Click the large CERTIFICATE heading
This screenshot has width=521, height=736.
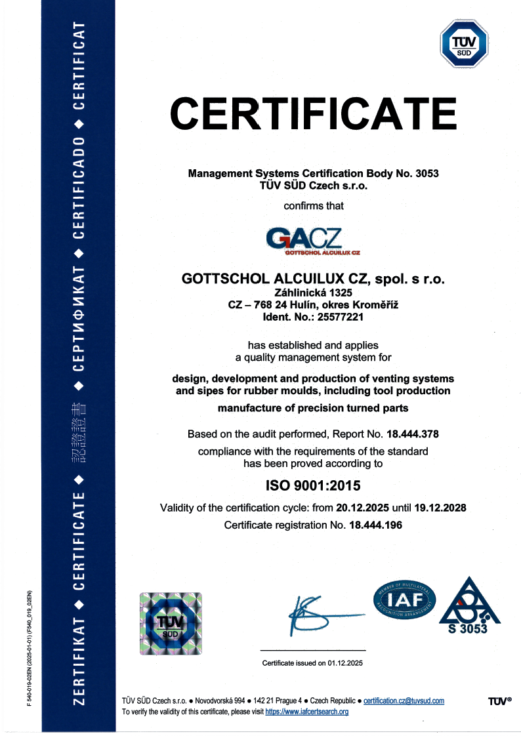pyautogui.click(x=314, y=113)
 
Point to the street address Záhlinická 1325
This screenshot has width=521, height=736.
pyautogui.click(x=313, y=293)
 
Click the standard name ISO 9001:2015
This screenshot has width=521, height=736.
pyautogui.click(x=313, y=486)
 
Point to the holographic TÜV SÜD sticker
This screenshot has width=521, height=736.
pyautogui.click(x=171, y=623)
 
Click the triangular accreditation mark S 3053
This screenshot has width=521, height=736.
pyautogui.click(x=469, y=607)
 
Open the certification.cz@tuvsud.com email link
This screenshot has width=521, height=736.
pyautogui.click(x=404, y=701)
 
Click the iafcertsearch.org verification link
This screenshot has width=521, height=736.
pyautogui.click(x=306, y=712)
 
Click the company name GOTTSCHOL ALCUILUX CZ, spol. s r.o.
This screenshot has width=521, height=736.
pyautogui.click(x=313, y=279)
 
